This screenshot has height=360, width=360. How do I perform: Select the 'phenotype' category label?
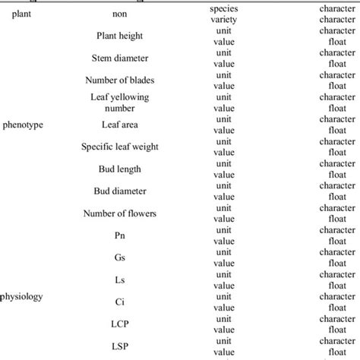point(23,125)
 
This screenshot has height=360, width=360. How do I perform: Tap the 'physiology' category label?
point(23,296)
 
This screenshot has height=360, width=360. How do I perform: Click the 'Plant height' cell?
point(119,36)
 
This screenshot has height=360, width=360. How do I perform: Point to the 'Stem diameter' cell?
point(119,58)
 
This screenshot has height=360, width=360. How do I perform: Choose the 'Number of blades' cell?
point(119,80)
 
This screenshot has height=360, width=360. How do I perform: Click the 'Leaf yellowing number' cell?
point(119,103)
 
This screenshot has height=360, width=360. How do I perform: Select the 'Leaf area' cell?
point(119,125)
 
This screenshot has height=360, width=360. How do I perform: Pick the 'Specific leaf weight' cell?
point(119,147)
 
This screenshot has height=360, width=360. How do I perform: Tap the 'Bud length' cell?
point(119,169)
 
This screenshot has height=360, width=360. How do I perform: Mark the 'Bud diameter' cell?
point(119,191)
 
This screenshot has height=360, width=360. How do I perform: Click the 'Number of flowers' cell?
point(119,213)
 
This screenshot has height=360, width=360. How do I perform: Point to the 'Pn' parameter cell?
point(119,235)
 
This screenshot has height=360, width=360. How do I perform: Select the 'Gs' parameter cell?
point(119,258)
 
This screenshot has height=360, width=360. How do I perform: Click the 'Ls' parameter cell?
point(119,280)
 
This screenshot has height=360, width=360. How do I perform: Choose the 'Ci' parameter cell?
point(119,302)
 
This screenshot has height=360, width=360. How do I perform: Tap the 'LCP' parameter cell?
point(119,324)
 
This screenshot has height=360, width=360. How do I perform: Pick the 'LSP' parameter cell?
point(119,347)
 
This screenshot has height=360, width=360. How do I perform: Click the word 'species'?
point(223,8)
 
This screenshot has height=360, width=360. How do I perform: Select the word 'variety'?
point(223,19)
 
